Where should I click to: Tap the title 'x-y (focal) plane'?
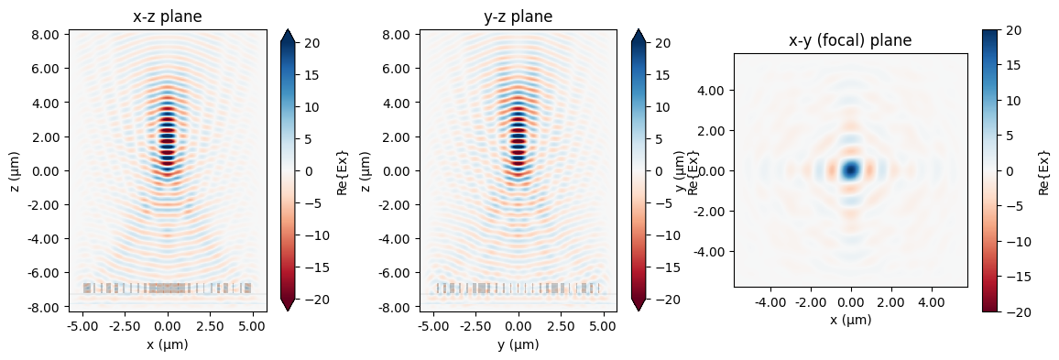tap(851, 40)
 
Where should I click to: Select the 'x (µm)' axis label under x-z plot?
tap(168, 344)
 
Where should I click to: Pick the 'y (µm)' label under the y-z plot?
tap(519, 344)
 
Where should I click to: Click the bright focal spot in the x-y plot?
tap(851, 169)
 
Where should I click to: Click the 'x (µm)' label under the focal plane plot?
tap(851, 320)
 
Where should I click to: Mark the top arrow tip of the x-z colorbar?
tap(287, 29)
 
